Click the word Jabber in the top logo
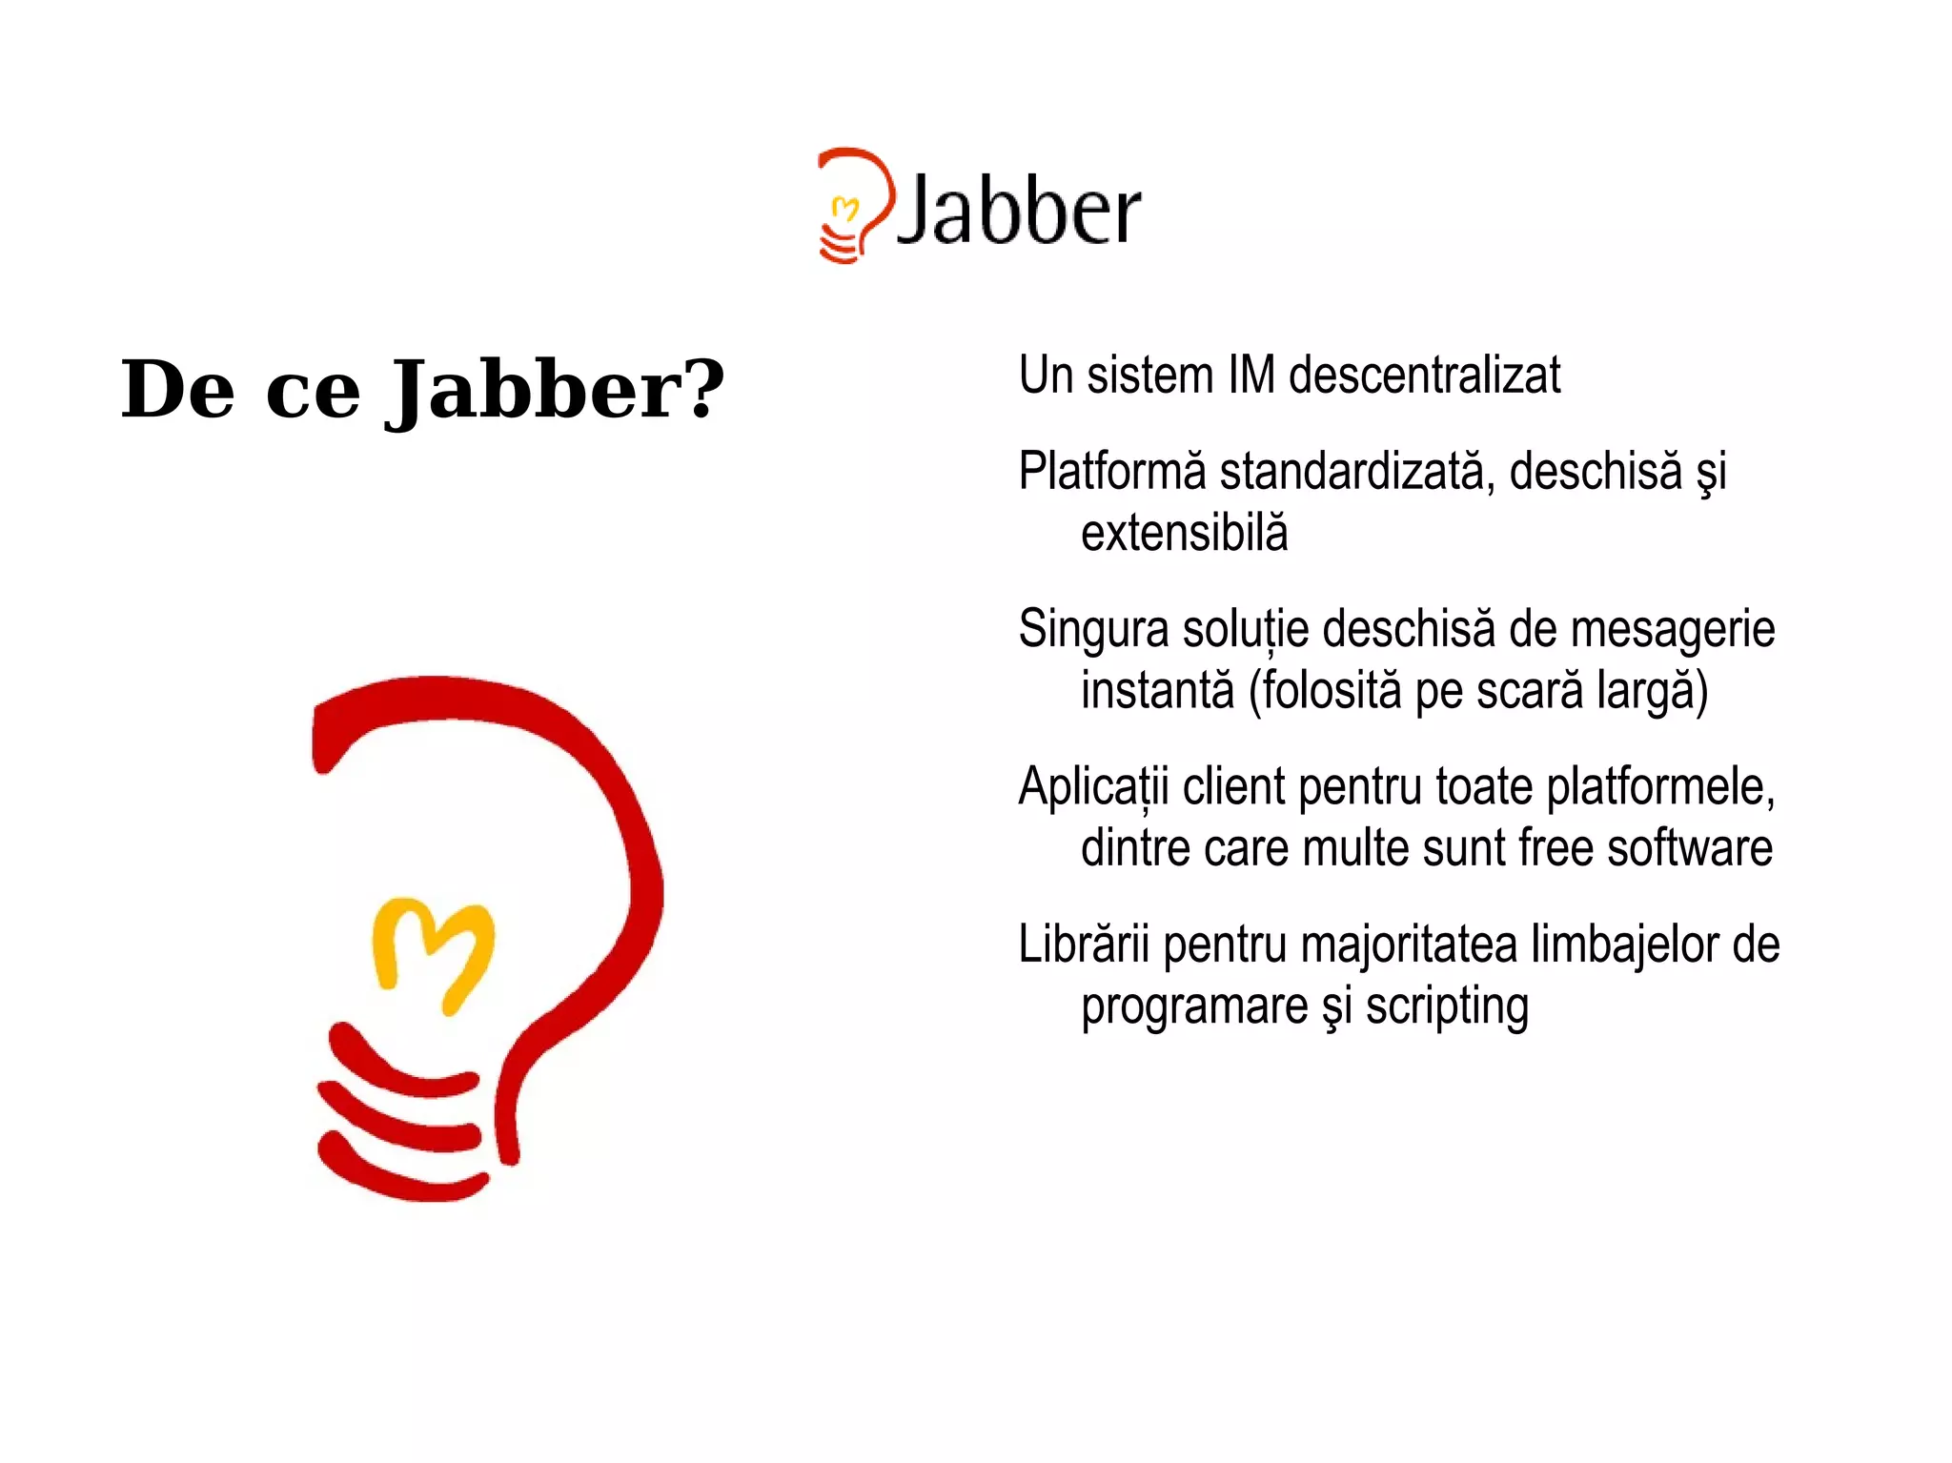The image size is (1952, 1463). click(x=1018, y=211)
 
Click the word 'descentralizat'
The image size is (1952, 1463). click(x=1424, y=375)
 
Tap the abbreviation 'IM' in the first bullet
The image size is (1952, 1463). click(x=1250, y=375)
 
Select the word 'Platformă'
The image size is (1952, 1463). click(x=1112, y=471)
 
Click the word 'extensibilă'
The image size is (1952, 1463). click(x=1184, y=533)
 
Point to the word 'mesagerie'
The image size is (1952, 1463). click(x=1672, y=630)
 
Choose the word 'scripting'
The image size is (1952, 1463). click(x=1446, y=1006)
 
